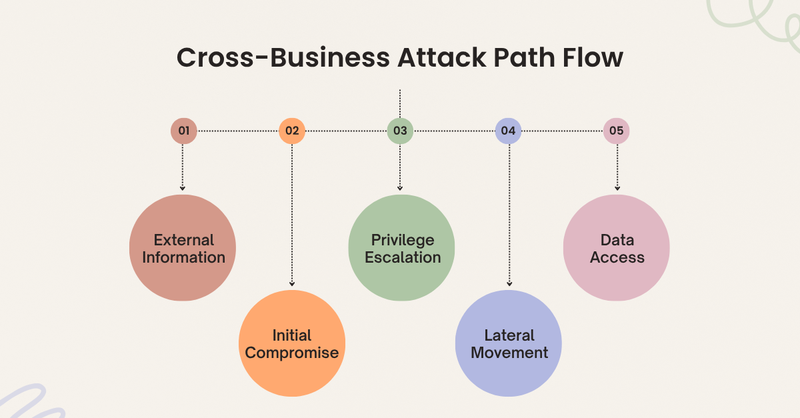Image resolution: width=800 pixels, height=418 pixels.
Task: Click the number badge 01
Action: [x=183, y=131]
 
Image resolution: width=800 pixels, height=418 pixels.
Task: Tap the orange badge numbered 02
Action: [x=292, y=131]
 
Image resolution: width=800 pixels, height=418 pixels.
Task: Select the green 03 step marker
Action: [x=400, y=131]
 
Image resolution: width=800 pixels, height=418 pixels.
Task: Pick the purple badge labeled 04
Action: [x=508, y=131]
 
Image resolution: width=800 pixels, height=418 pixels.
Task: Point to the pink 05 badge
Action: [x=617, y=131]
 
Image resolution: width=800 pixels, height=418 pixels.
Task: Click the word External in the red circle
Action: [x=184, y=240]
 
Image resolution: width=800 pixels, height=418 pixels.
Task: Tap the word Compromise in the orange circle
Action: [x=292, y=353]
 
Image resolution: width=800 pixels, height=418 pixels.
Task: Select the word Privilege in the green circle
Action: [x=403, y=240]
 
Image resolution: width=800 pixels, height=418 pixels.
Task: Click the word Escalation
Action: [x=403, y=257]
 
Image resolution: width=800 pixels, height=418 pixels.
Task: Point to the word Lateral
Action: [x=509, y=335]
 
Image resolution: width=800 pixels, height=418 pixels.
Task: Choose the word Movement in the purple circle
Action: [x=509, y=353]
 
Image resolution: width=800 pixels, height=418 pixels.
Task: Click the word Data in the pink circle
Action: [x=617, y=240]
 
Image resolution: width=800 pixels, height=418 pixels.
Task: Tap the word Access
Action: [x=617, y=257]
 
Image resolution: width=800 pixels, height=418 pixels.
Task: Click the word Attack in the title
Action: [x=441, y=58]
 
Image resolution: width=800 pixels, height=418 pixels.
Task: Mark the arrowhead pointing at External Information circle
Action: [x=183, y=189]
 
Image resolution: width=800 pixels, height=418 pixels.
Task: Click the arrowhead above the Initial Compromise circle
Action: [x=292, y=284]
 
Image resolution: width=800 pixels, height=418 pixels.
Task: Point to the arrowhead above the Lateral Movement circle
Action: [x=509, y=284]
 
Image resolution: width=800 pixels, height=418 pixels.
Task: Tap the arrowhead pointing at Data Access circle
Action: [x=617, y=189]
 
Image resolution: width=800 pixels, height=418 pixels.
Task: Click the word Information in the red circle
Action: [x=184, y=257]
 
